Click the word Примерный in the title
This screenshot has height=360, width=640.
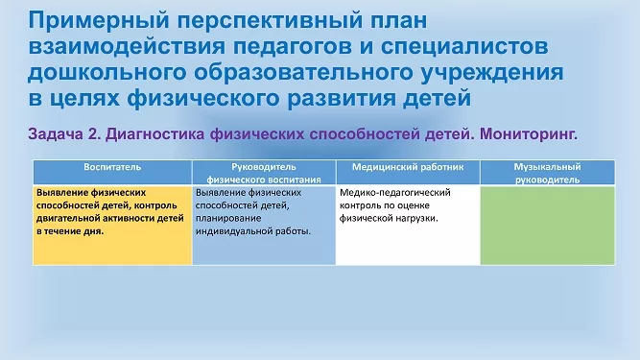coord(99,20)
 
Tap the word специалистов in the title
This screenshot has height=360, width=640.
coord(464,46)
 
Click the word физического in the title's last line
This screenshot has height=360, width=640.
coord(204,98)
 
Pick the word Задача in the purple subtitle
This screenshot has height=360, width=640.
coord(56,133)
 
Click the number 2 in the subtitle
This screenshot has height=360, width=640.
coord(94,133)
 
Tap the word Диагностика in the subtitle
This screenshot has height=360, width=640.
coord(155,133)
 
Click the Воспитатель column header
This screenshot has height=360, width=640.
coord(112,167)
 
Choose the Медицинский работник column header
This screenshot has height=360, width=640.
coord(408,167)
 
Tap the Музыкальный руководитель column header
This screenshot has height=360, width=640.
coord(547,173)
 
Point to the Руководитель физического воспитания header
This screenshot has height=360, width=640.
coord(264,173)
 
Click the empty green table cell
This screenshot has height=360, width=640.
coord(547,226)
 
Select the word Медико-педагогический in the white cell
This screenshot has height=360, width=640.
coord(395,193)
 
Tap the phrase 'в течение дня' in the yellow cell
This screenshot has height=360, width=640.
coord(69,231)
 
